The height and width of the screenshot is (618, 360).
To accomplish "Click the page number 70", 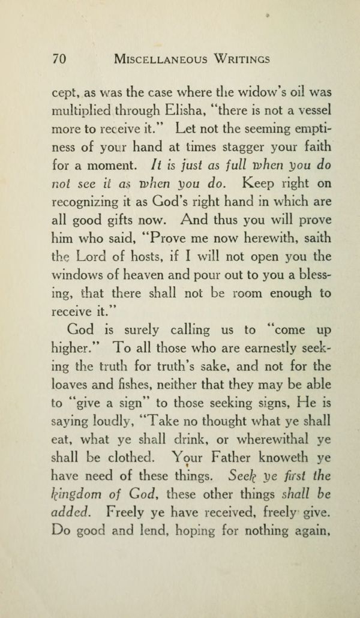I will click(x=59, y=59).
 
